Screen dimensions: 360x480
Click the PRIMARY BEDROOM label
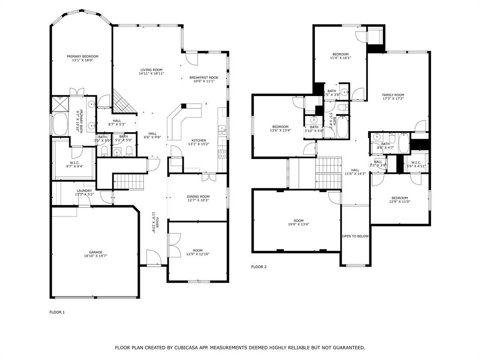pos(82,56)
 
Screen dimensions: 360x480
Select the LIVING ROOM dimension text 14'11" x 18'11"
pos(151,74)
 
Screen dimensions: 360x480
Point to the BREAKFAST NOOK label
pos(204,77)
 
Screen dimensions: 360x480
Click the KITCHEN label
pos(198,140)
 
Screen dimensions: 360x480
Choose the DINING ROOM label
pos(198,196)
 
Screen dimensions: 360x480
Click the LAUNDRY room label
pos(84,191)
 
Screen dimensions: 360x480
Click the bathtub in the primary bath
pos(60,124)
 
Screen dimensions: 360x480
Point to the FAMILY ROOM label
pos(393,95)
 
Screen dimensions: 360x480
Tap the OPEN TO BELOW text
pos(355,236)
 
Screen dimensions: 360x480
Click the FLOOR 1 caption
pos(57,312)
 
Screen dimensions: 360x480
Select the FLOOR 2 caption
pos(259,267)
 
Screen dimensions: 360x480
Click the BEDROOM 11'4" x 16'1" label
pos(340,54)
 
